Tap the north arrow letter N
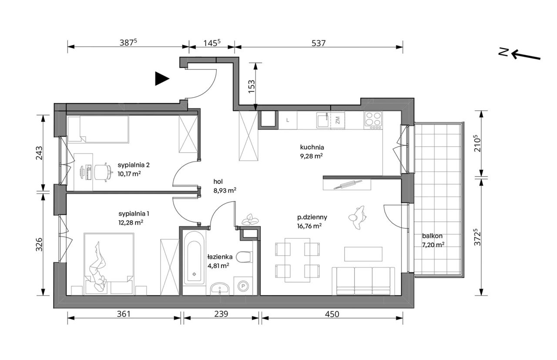[x=503, y=52]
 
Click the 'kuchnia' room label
[x=312, y=147]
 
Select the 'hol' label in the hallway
[x=218, y=182]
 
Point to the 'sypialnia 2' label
[x=134, y=165]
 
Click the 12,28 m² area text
[x=131, y=222]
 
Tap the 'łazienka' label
[x=220, y=257]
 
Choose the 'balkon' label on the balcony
[x=432, y=236]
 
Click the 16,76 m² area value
[x=309, y=226]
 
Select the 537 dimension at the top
[x=318, y=43]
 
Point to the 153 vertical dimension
[x=252, y=87]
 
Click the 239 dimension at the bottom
[x=221, y=314]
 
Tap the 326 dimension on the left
[x=39, y=244]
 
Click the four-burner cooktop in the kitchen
[x=373, y=120]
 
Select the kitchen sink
[x=323, y=120]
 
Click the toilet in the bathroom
[x=244, y=257]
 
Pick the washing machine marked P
[x=243, y=286]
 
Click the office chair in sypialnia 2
[x=103, y=172]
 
